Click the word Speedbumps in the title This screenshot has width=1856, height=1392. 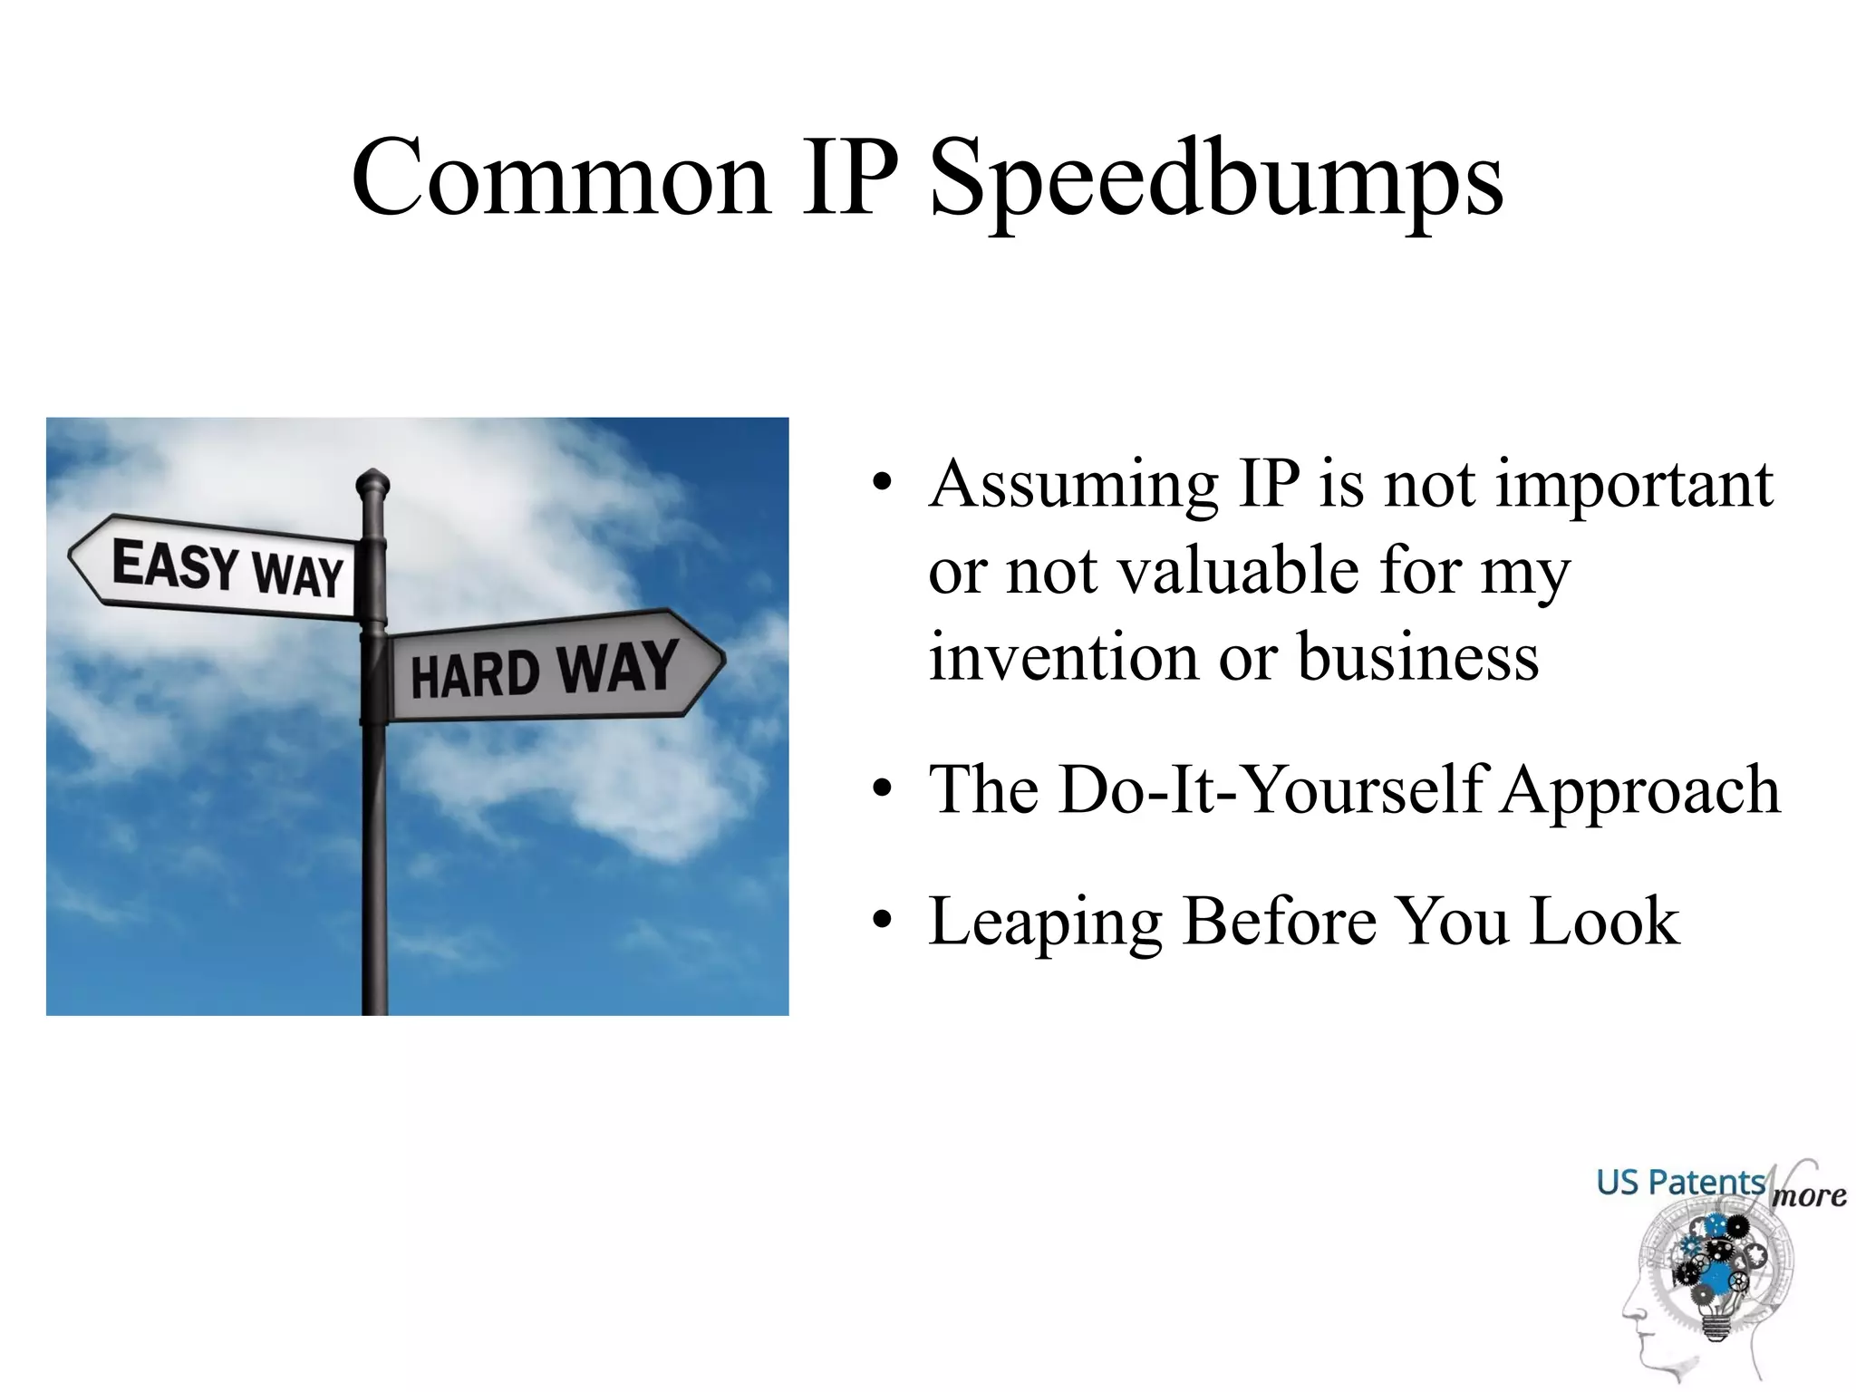[x=1216, y=179]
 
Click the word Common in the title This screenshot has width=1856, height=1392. [x=561, y=179]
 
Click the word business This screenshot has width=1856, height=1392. [x=1418, y=657]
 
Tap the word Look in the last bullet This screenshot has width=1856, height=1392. [x=1604, y=921]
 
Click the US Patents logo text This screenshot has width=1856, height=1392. [x=1680, y=1183]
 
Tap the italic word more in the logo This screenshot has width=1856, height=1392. [x=1809, y=1195]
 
